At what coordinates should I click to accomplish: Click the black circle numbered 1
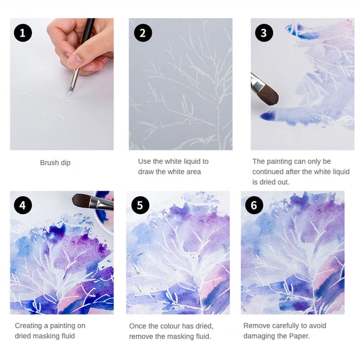point(23,33)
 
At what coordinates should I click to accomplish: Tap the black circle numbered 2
point(143,33)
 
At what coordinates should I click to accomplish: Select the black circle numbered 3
point(264,33)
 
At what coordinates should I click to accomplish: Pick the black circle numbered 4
point(23,205)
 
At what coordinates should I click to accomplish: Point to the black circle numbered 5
point(140,205)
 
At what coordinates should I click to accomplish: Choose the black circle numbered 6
point(254,205)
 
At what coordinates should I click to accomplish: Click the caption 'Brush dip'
point(55,163)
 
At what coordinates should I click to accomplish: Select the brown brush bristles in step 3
point(269,95)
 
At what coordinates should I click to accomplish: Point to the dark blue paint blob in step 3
point(268,116)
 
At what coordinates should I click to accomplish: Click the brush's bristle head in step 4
point(82,200)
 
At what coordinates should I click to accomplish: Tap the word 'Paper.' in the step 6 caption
point(299,336)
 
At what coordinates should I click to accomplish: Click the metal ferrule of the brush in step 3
point(256,84)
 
